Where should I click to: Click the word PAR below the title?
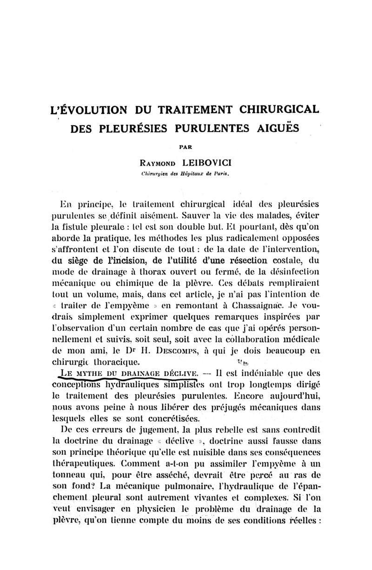186,147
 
